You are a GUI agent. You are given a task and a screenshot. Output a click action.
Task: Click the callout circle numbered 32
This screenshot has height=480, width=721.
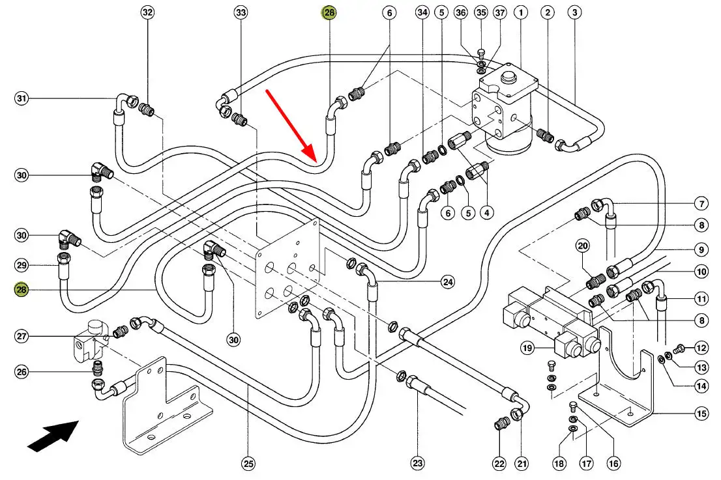147,12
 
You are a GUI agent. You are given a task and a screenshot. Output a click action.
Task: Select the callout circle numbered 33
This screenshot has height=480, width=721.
241,12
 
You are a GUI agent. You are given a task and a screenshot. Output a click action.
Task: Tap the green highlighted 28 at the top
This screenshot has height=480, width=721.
329,12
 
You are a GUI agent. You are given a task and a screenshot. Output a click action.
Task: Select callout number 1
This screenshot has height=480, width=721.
521,12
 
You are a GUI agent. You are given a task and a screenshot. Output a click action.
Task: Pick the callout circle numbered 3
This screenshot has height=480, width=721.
574,12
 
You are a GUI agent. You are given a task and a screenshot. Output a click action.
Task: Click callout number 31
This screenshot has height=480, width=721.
22,99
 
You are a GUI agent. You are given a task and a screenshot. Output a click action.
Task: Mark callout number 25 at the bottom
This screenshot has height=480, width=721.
248,464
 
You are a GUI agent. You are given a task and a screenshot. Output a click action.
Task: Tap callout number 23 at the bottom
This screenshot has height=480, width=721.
417,464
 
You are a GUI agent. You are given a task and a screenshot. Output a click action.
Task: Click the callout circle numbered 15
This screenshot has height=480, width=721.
701,413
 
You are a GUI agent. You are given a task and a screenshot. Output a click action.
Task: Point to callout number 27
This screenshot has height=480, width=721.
22,336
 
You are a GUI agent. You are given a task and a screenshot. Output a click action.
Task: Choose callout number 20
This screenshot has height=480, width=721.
582,246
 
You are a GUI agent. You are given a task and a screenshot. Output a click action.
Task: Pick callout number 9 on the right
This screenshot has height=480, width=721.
701,249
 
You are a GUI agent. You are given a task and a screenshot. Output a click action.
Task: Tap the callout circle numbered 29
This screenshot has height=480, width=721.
22,265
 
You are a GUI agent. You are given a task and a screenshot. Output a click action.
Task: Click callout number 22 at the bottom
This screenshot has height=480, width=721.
499,464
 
